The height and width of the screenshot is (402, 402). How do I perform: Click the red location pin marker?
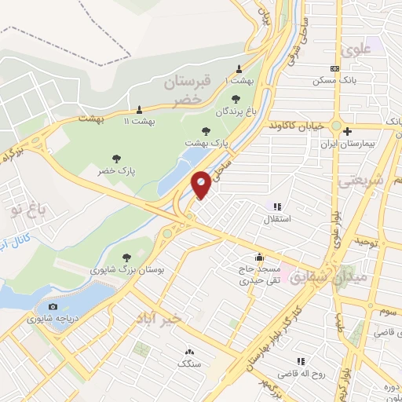(x=201, y=184)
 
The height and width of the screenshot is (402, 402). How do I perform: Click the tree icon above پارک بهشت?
(x=206, y=131)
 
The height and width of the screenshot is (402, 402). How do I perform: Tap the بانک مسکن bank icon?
(x=335, y=69)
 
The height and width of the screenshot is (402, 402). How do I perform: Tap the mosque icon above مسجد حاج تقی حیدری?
(x=259, y=257)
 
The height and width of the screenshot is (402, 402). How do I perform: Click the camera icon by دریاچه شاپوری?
(x=53, y=306)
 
